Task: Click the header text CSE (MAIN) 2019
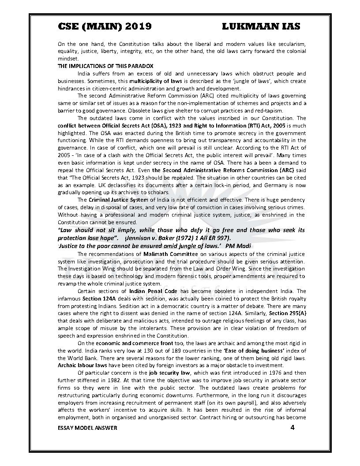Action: point(105,26)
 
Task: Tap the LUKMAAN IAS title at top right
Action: point(261,26)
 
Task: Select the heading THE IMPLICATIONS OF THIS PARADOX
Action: point(105,66)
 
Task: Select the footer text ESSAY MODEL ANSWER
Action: point(87,428)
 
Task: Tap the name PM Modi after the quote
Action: point(238,245)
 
